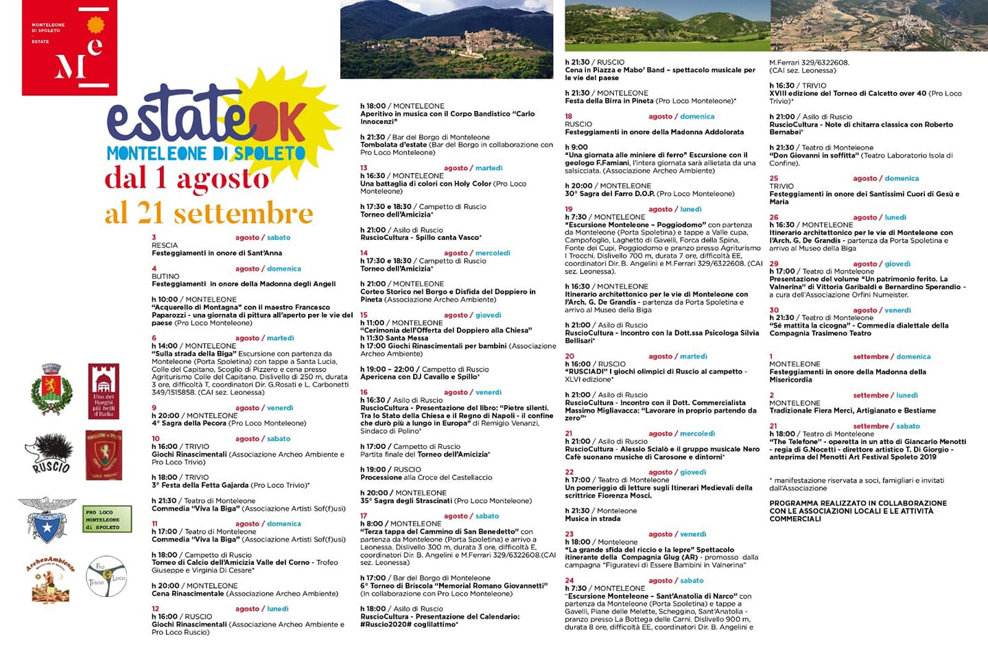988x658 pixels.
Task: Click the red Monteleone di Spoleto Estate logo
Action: click(69, 47)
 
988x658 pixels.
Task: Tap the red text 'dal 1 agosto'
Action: click(187, 178)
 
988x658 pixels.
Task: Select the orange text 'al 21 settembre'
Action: click(209, 213)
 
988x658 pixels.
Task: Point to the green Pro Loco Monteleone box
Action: click(107, 520)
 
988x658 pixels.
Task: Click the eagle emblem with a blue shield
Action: click(47, 520)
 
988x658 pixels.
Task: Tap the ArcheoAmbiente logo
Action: click(50, 579)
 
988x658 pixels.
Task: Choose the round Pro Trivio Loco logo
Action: click(106, 576)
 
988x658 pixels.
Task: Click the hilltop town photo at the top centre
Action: click(446, 39)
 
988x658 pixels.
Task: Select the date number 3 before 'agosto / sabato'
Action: click(154, 238)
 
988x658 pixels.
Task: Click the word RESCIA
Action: click(165, 245)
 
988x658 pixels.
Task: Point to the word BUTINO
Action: click(165, 276)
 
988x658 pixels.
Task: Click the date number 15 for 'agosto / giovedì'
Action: click(364, 315)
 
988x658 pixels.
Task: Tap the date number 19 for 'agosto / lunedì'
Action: click(569, 209)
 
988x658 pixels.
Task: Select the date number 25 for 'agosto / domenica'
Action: click(774, 178)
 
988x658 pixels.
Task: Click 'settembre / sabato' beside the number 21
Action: click(886, 426)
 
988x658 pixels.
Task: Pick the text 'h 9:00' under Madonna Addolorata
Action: click(576, 147)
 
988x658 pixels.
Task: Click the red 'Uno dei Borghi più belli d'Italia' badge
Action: click(104, 391)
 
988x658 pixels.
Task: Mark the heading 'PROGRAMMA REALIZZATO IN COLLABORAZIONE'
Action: click(858, 503)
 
